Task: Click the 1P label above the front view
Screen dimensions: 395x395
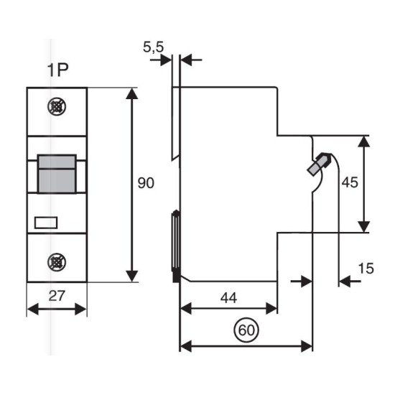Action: (57, 70)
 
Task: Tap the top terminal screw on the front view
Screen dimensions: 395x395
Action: (57, 107)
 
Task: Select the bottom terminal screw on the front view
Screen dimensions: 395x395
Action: (57, 262)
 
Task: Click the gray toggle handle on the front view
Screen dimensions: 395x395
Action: (57, 174)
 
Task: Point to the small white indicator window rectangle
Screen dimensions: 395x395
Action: (46, 223)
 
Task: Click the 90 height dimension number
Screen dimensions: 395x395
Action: (146, 183)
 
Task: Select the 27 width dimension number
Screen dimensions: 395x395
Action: (57, 296)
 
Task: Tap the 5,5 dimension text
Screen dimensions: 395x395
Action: (154, 47)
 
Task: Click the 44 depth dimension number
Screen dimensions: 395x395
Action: (228, 298)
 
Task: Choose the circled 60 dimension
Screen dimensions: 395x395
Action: (246, 330)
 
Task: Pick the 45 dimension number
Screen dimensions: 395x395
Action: (350, 182)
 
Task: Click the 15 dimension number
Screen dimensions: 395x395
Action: (366, 269)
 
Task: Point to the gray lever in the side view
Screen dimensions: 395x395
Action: (318, 164)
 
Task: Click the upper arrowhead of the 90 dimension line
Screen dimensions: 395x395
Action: (131, 93)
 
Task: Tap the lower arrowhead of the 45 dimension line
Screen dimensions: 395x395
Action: (364, 226)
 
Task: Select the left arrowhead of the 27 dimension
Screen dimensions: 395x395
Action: (33, 309)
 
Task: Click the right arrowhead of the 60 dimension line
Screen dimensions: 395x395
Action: (307, 346)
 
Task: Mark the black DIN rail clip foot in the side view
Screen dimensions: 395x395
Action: (176, 277)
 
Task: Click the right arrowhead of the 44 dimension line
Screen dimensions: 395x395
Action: (271, 309)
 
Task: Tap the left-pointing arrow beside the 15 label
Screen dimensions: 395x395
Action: (350, 281)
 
